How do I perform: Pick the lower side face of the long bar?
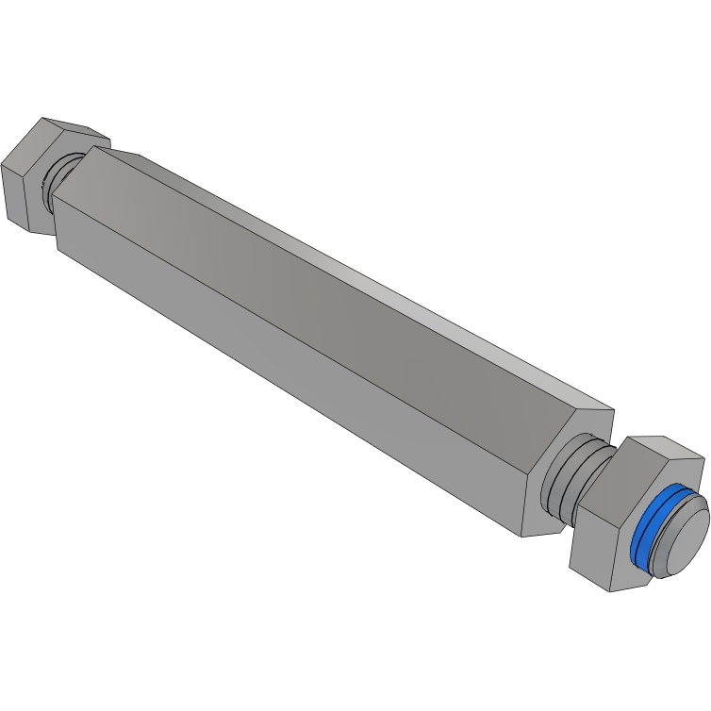coord(283,377)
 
